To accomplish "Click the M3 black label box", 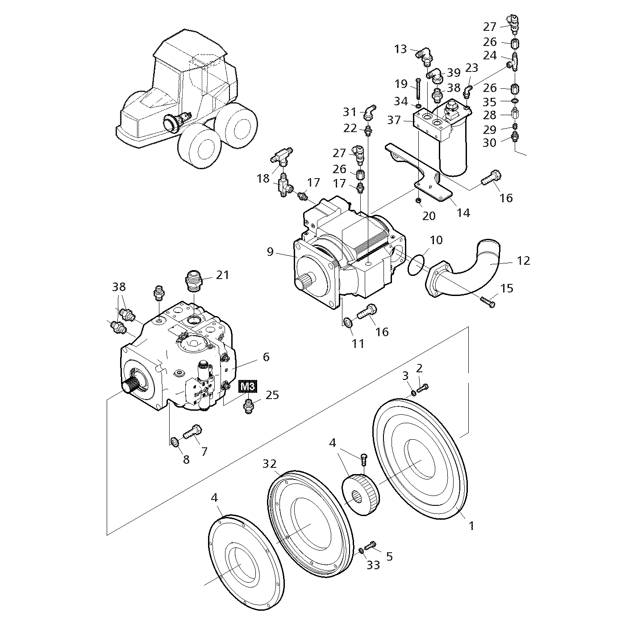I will point(248,386).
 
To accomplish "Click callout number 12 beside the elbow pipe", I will point(523,260).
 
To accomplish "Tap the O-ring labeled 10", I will point(417,264).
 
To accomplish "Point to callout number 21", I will point(222,275).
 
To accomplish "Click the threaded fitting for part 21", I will point(194,283).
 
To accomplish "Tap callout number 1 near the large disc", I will point(471,526).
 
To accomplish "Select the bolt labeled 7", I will point(192,431).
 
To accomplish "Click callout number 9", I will point(270,252).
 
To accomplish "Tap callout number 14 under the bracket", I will point(463,213).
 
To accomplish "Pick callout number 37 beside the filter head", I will point(394,120).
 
